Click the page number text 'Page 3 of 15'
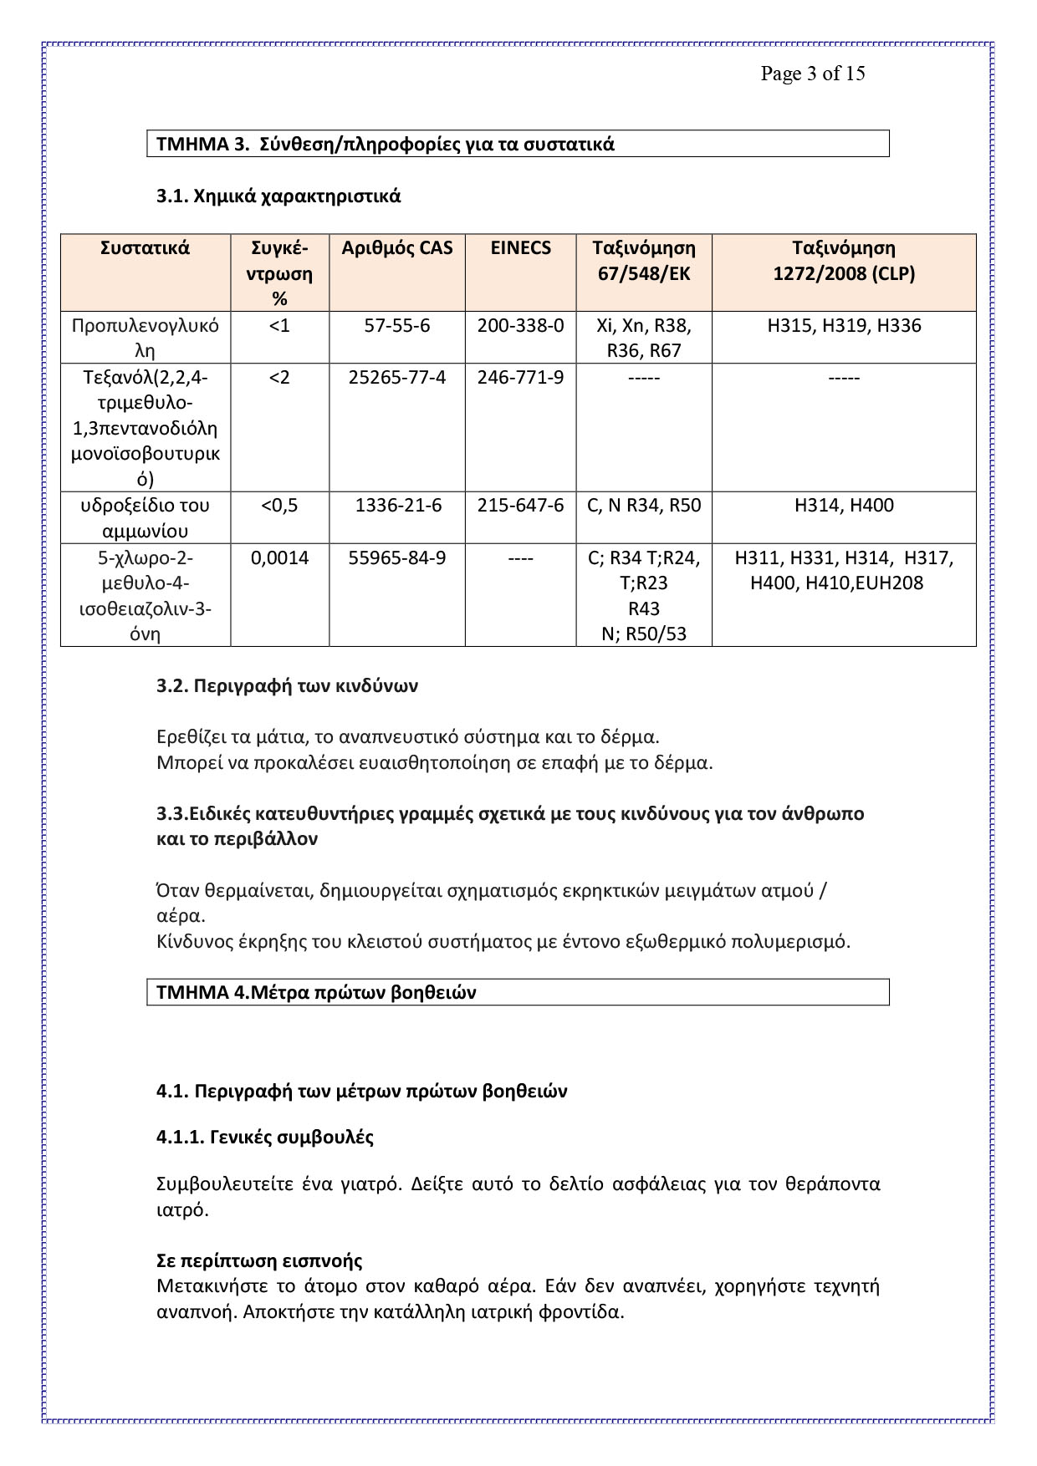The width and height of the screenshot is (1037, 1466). click(x=812, y=74)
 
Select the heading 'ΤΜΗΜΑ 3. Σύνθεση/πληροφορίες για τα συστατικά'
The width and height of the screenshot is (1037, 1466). click(x=386, y=144)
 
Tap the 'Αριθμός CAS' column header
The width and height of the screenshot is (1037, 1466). click(x=397, y=248)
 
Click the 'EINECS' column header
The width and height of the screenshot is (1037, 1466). click(x=520, y=248)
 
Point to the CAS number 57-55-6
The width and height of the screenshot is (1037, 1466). click(x=397, y=325)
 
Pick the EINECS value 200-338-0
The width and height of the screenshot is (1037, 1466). click(x=520, y=325)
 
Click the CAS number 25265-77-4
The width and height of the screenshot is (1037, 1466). click(x=397, y=377)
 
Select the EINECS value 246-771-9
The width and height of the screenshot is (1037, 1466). click(x=520, y=377)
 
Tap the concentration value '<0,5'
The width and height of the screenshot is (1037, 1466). click(x=279, y=505)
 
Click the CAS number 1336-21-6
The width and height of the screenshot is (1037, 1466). click(x=397, y=505)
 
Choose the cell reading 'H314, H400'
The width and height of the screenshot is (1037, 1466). click(x=844, y=505)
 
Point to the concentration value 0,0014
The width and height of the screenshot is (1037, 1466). click(x=279, y=557)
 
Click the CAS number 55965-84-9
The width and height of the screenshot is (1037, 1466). click(x=397, y=557)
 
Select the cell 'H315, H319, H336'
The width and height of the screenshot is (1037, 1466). click(x=844, y=325)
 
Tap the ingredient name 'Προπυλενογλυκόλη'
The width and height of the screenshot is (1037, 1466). click(x=146, y=338)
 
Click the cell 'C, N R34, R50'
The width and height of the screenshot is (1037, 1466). click(x=644, y=505)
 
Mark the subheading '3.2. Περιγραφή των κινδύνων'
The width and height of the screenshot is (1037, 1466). click(x=287, y=686)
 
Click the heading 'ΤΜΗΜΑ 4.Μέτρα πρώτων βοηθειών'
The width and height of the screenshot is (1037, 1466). click(x=316, y=992)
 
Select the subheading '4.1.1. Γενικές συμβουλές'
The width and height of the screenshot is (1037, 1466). click(x=265, y=1137)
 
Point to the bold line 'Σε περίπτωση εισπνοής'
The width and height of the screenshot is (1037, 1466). click(x=259, y=1260)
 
